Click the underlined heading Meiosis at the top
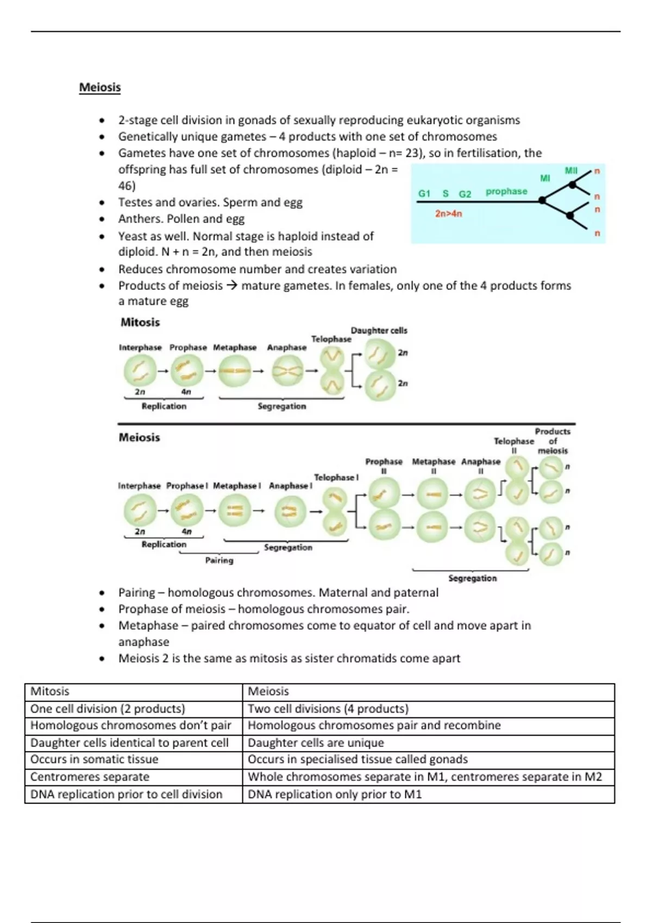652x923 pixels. (100, 87)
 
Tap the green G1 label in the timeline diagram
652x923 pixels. (424, 193)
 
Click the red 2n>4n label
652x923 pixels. (448, 214)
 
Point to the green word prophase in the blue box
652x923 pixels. (506, 191)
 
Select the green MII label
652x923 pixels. (571, 170)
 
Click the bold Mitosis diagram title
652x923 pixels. (140, 323)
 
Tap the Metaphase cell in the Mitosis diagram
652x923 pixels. (235, 371)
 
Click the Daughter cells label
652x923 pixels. (379, 330)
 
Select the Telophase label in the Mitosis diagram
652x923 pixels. (331, 339)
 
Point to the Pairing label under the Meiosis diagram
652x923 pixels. (219, 560)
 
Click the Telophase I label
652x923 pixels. (336, 477)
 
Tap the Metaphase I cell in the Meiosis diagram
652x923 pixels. (235, 510)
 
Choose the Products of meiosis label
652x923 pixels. (553, 441)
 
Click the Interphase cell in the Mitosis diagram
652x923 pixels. (140, 371)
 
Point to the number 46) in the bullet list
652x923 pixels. (127, 186)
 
